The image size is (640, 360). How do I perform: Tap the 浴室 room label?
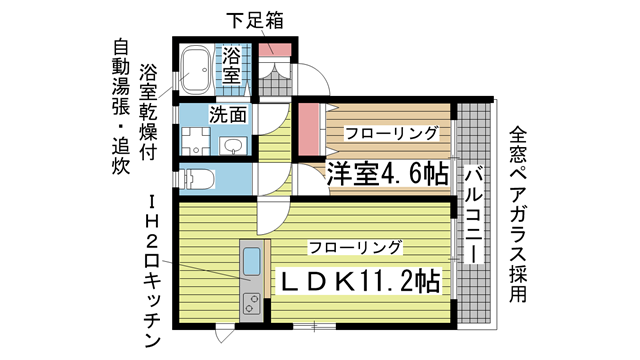232,63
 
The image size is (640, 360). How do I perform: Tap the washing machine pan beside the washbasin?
195,142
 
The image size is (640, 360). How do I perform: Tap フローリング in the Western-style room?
391,132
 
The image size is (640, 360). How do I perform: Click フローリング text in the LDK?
355,246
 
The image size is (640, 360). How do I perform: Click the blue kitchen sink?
251,264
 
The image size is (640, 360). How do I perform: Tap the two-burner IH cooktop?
250,301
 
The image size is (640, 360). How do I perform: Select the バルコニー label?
474,214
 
